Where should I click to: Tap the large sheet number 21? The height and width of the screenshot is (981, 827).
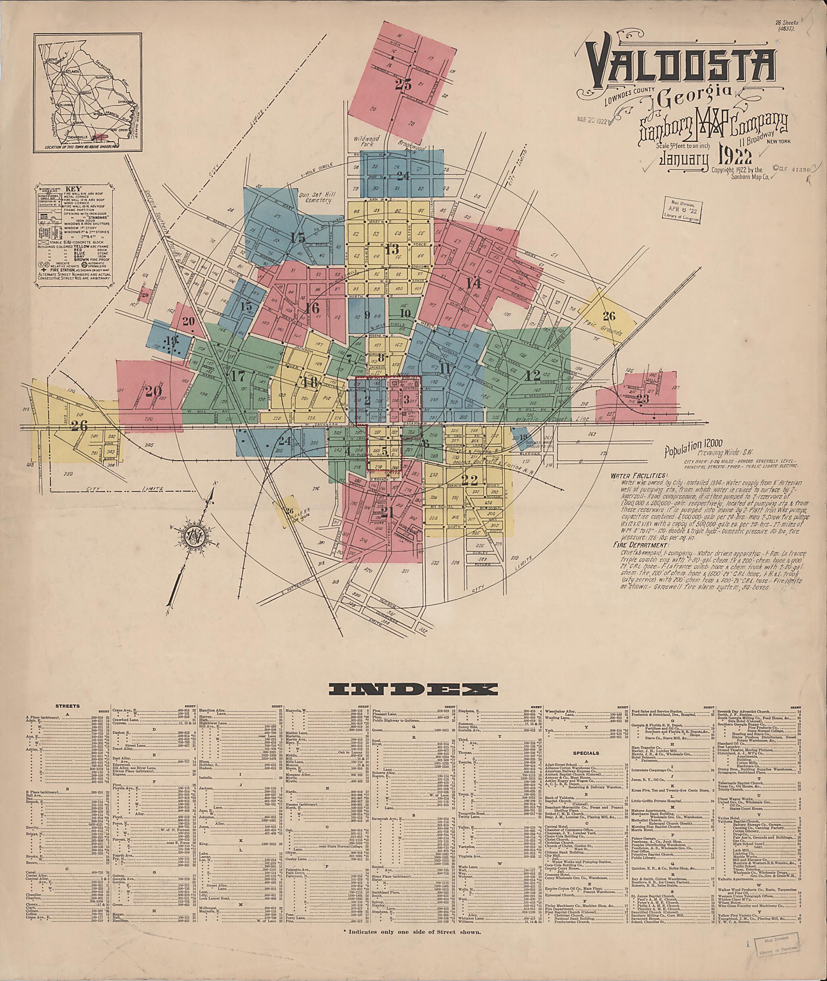pyautogui.click(x=387, y=511)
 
